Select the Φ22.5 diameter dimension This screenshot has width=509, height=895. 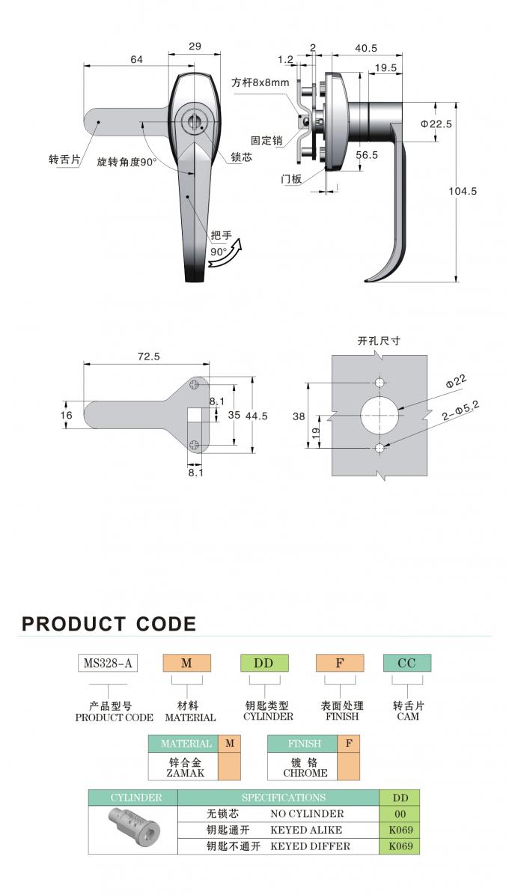436,124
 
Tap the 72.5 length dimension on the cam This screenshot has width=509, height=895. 148,357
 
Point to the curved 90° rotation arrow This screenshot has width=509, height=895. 225,255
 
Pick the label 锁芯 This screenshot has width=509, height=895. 241,157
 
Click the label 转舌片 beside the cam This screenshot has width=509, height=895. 64,160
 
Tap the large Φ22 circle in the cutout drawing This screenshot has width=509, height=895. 380,414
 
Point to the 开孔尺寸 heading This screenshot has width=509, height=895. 379,341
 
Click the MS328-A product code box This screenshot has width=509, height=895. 108,663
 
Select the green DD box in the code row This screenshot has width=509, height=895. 264,663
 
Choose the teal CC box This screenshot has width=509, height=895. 407,663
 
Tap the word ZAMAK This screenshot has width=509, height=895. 184,774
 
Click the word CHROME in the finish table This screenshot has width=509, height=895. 305,774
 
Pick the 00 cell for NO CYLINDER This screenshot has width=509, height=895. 400,814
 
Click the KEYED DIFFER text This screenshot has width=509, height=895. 311,846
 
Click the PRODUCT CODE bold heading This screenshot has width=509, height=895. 109,624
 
